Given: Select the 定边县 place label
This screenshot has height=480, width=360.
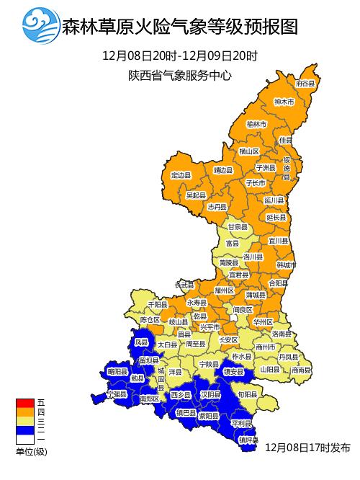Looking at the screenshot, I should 181,175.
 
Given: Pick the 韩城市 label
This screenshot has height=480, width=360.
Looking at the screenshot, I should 286,265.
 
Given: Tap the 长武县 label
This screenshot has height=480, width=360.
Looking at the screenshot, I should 185,285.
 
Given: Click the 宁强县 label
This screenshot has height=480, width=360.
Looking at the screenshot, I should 116,395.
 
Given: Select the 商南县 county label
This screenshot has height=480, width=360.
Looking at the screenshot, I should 302,370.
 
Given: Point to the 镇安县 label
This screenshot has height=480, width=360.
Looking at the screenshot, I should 234,372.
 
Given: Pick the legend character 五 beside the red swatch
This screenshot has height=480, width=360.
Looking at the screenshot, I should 41,402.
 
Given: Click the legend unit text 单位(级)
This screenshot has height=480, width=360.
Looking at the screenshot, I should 32,451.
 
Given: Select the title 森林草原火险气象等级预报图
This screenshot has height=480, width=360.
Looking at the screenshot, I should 180,27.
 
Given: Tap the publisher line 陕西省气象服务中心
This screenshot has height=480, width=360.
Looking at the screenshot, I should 180,75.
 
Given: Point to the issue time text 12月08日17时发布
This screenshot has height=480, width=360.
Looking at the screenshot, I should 307,448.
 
